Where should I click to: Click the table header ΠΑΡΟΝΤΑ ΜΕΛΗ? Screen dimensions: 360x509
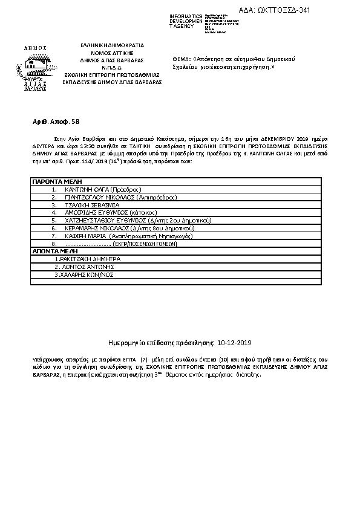coord(53,181)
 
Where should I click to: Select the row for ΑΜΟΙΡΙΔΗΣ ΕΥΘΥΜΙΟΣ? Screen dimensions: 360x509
coord(103,213)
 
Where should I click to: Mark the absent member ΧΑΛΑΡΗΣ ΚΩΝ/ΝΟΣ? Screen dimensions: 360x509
coord(84,274)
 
